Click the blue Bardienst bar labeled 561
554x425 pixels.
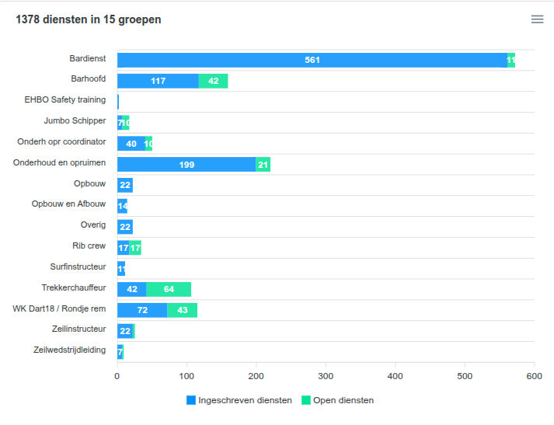click(312, 61)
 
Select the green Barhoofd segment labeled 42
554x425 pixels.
click(213, 81)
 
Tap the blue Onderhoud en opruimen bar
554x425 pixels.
click(186, 164)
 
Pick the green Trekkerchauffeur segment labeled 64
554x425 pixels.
click(169, 289)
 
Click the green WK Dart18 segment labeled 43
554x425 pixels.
click(183, 310)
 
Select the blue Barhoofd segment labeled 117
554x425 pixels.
click(158, 81)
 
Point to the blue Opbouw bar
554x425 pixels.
click(125, 185)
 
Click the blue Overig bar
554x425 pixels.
click(125, 227)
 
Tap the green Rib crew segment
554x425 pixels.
click(135, 248)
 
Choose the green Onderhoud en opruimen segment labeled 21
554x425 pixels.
click(263, 164)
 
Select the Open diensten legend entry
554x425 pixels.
click(343, 400)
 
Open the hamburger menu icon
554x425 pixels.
click(537, 19)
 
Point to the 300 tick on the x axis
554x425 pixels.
click(326, 376)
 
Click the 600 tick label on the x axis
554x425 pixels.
click(534, 376)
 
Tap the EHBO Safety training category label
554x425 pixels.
click(65, 99)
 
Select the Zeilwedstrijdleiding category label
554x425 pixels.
click(70, 350)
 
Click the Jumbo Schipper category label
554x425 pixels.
click(75, 120)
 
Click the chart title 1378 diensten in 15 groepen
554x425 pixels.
click(89, 19)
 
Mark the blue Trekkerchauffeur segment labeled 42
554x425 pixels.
click(131, 289)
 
